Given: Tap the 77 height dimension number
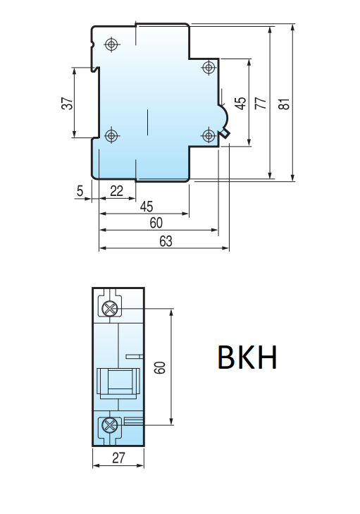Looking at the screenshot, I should (x=261, y=103).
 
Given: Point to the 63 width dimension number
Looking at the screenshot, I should (x=166, y=241).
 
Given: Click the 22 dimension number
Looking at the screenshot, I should (x=117, y=190).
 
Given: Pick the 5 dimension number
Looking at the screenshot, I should (x=80, y=190).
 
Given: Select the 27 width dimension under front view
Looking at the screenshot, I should (x=118, y=458).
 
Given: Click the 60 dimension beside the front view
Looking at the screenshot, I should (x=160, y=367).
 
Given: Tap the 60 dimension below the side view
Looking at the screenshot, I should (x=156, y=224).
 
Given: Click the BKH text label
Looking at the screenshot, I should (x=247, y=358).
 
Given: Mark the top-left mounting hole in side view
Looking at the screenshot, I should (x=111, y=44).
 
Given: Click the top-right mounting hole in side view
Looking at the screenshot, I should (x=208, y=67).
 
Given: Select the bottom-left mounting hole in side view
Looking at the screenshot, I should (x=111, y=135).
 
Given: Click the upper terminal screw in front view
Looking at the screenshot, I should (x=109, y=309).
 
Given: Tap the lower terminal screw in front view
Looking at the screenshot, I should (x=109, y=425).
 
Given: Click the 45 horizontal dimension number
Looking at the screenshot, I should (x=146, y=207).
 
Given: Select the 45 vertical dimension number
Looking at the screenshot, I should (x=241, y=103).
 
